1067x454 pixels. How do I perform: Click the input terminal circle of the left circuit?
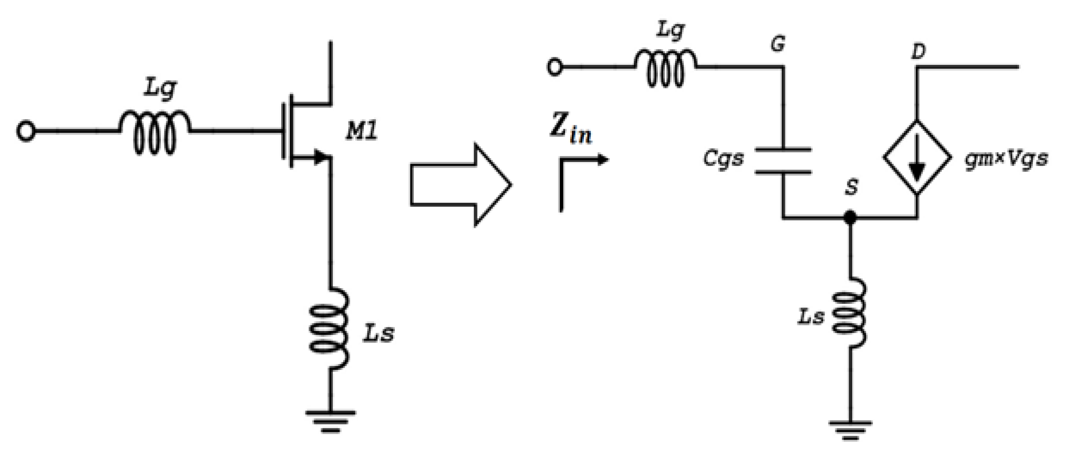(x=26, y=132)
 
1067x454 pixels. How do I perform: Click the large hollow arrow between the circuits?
(x=460, y=185)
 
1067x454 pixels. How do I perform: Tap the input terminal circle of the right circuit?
(x=555, y=67)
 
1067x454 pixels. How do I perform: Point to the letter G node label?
(x=778, y=44)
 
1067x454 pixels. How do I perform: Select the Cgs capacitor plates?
(x=783, y=161)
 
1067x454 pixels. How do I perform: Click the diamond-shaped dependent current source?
(x=917, y=158)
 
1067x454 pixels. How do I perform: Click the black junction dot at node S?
(x=850, y=217)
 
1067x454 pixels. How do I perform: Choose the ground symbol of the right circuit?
(x=850, y=429)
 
